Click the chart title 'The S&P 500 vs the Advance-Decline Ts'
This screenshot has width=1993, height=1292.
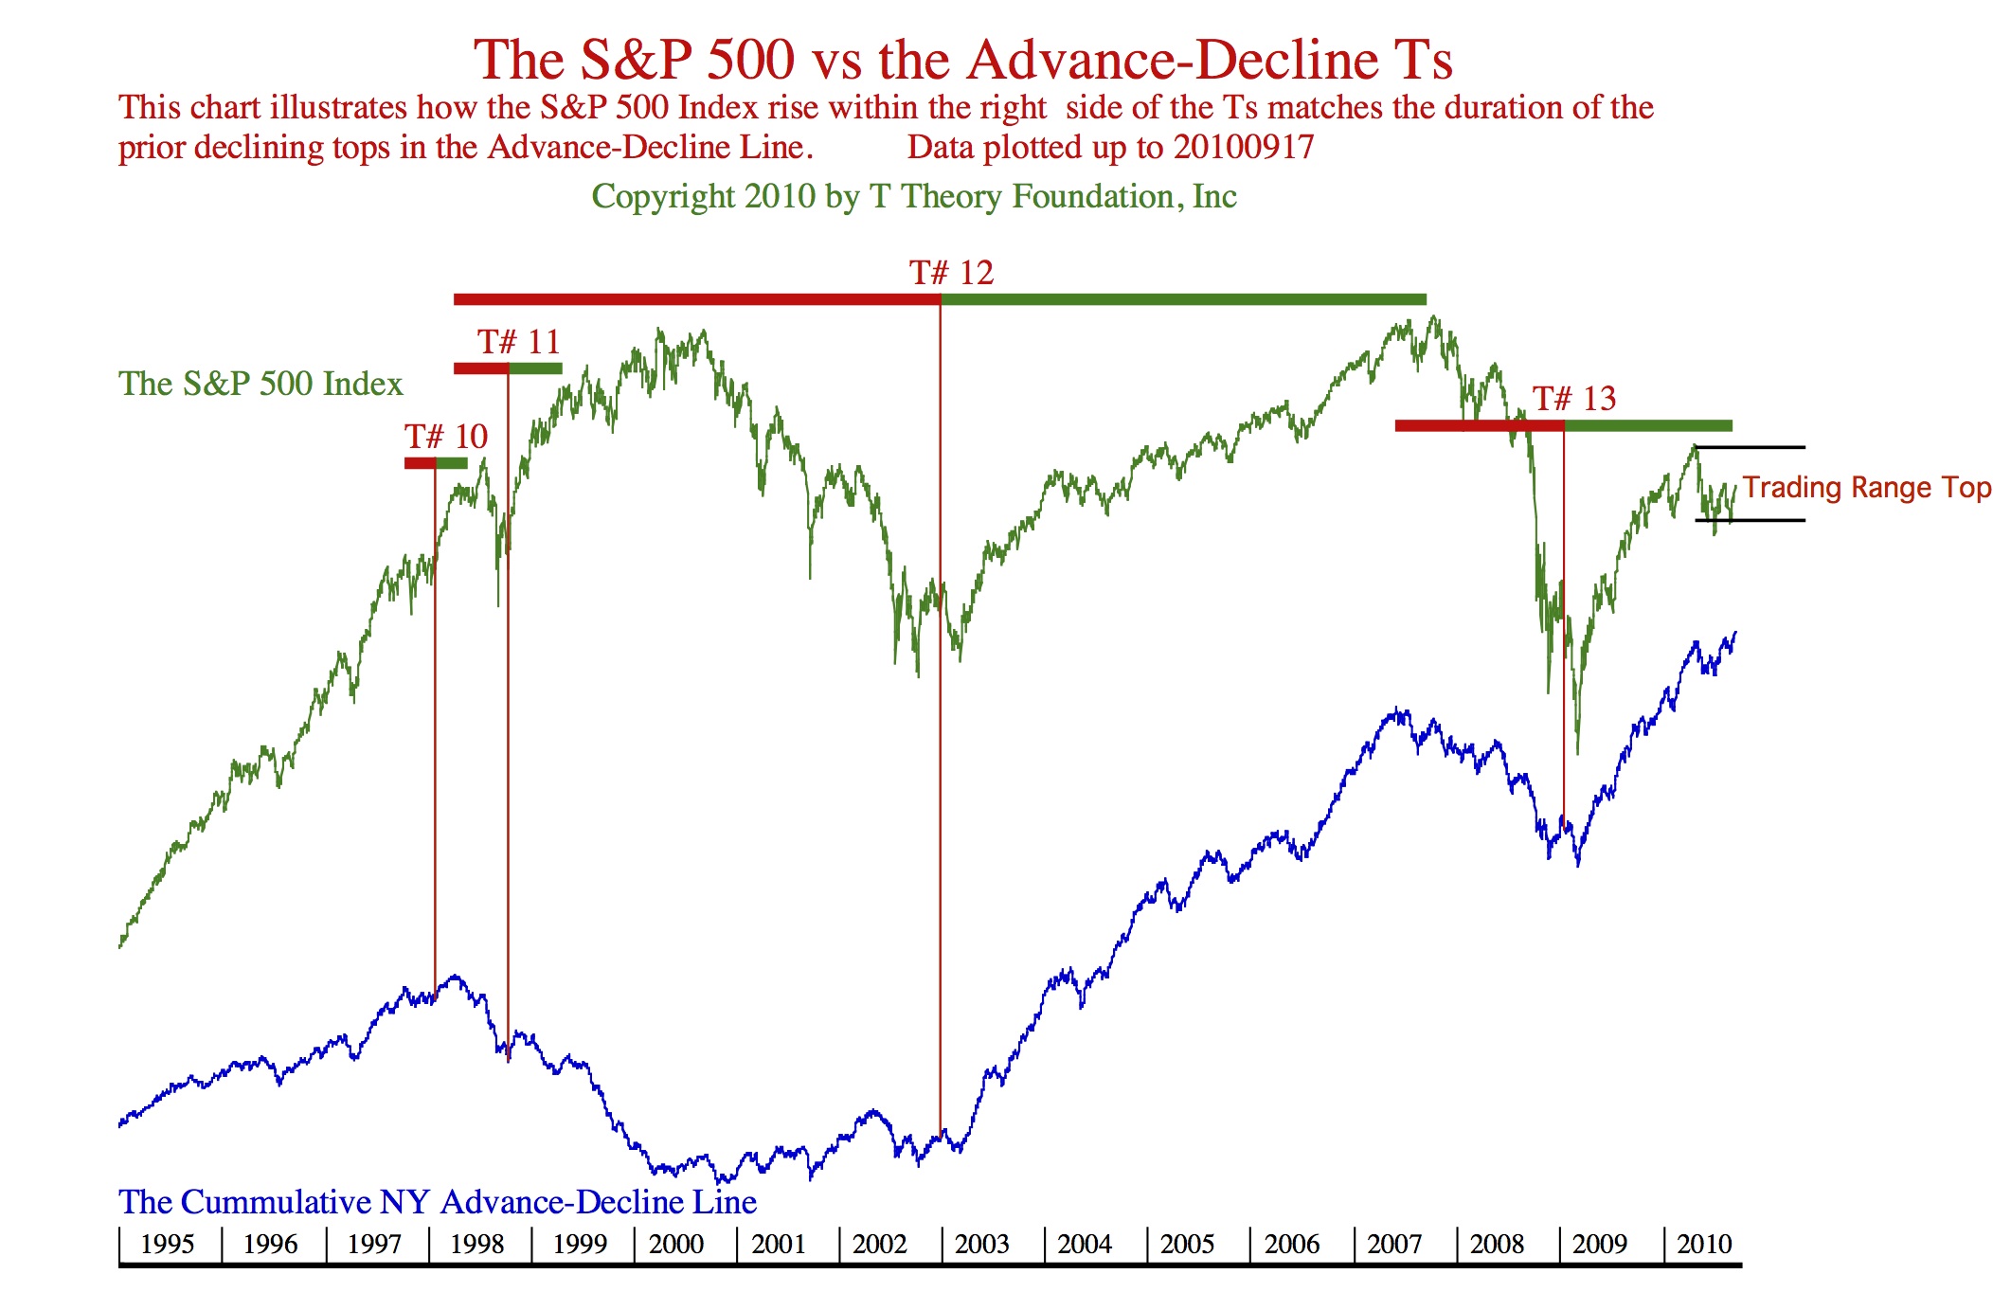tap(962, 60)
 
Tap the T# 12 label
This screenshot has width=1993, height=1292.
tap(951, 273)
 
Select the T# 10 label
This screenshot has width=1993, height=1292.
tap(446, 437)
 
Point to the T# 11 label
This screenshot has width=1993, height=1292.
tap(518, 342)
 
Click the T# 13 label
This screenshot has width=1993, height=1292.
tap(1574, 399)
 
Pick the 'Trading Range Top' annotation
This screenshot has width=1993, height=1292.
tap(1866, 488)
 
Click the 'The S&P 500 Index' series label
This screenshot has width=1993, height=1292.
tap(260, 384)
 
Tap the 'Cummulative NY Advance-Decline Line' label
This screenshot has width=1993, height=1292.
tap(438, 1202)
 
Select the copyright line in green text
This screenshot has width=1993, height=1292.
tap(914, 196)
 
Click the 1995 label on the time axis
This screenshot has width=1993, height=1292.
tap(167, 1244)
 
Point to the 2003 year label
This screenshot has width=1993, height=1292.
tap(982, 1244)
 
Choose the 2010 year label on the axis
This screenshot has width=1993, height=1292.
tap(1704, 1244)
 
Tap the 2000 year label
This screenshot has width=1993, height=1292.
tap(675, 1244)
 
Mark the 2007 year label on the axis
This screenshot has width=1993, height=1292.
tap(1394, 1244)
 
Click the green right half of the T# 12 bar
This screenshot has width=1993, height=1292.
tap(1183, 299)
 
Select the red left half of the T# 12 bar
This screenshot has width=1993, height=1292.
tap(696, 299)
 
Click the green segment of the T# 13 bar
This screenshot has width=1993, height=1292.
tap(1648, 425)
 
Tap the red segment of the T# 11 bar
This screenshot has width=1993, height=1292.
tap(480, 368)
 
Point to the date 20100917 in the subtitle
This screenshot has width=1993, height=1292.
tap(1243, 148)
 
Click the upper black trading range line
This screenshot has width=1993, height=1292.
tap(1751, 447)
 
